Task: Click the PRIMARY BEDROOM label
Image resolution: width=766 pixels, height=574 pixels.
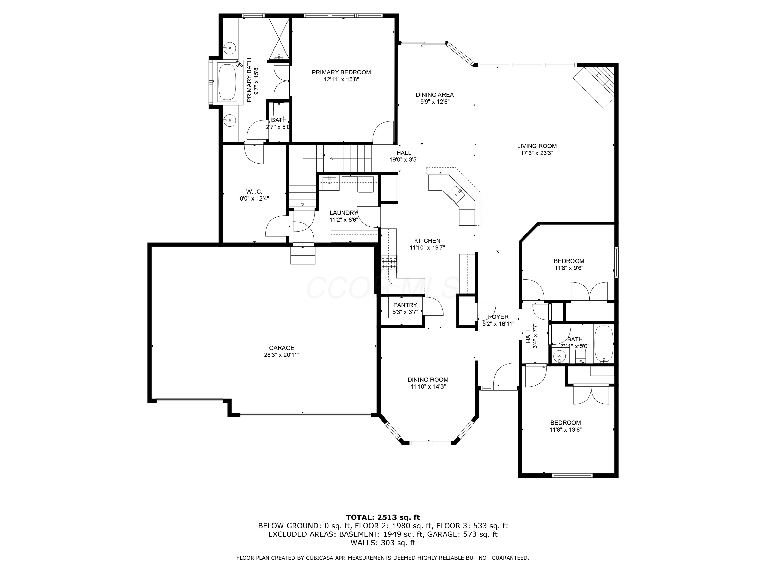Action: tap(341, 72)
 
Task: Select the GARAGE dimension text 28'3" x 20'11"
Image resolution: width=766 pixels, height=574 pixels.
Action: tap(282, 355)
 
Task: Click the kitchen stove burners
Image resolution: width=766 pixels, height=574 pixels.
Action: tap(390, 264)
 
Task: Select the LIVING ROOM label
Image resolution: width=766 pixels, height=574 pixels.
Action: tap(537, 146)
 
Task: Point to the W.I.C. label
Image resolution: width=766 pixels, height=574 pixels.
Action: tap(254, 192)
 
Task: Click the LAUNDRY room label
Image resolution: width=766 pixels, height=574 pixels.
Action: tap(343, 213)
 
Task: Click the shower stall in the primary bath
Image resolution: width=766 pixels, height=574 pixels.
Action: tap(279, 39)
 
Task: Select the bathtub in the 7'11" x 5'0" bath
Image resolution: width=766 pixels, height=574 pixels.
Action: tap(604, 344)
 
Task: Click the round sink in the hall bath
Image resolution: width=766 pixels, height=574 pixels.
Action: tap(559, 356)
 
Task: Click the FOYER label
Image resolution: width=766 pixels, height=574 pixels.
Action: tap(498, 317)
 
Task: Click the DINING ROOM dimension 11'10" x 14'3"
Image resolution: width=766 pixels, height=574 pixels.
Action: tap(428, 387)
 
